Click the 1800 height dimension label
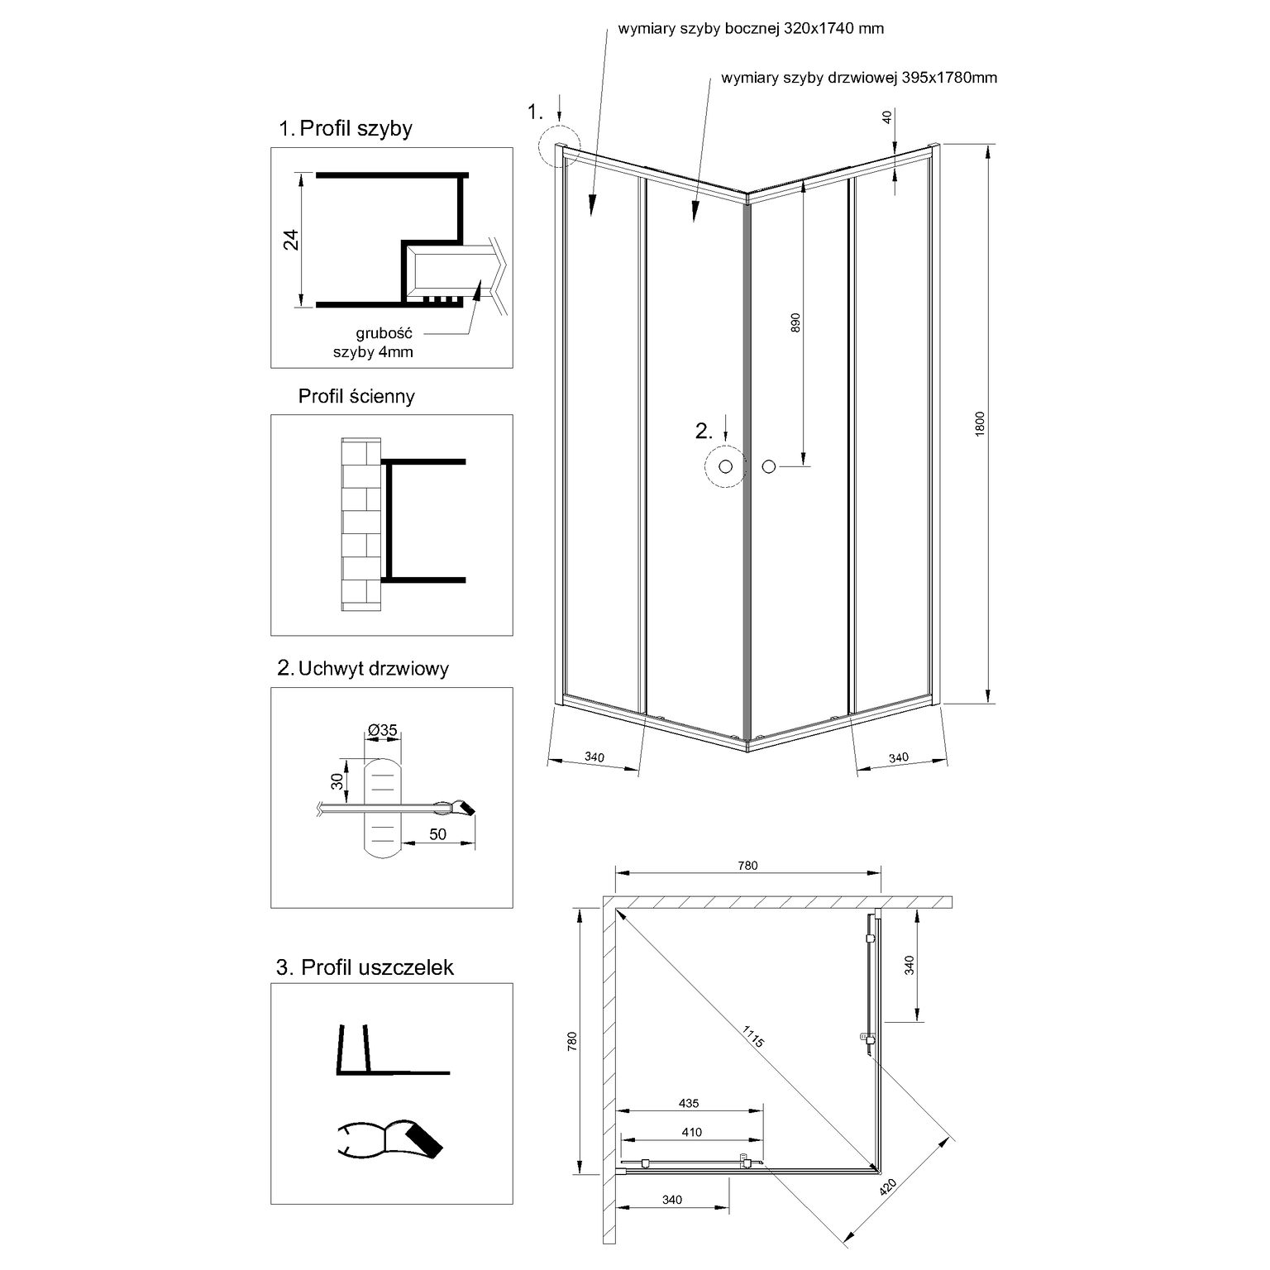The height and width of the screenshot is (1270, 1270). coord(981,423)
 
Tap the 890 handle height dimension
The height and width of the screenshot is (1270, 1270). coord(795,322)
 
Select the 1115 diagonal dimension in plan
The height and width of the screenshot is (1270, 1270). coord(753,1036)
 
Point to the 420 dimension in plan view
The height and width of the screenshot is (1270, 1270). coord(888,1188)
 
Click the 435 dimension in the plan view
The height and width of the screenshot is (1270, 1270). coord(689,1103)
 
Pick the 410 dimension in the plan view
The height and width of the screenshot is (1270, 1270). coord(691,1133)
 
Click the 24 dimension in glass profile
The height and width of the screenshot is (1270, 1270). coord(291,240)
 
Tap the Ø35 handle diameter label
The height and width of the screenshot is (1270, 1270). coord(383,730)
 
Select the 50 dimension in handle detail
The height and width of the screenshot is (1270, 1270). coord(437,834)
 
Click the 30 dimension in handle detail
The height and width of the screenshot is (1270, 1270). coord(337,781)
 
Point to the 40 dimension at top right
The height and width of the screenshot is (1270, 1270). coord(888,117)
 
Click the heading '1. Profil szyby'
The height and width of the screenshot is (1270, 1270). coord(346,128)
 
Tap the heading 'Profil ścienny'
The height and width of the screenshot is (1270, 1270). coord(356,396)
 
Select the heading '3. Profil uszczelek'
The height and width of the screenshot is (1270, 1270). coord(365,967)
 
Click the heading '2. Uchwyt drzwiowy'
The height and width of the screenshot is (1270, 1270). coord(363,668)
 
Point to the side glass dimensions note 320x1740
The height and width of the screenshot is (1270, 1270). coord(751,29)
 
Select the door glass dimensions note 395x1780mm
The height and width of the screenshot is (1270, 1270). coord(859,79)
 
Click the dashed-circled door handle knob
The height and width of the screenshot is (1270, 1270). coord(726,467)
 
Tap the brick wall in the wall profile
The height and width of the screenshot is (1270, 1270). coord(361,526)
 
